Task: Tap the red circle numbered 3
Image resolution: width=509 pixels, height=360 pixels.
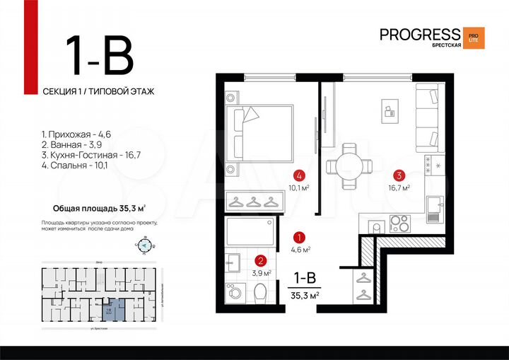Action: [399, 176]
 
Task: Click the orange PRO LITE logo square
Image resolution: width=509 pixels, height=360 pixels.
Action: [474, 37]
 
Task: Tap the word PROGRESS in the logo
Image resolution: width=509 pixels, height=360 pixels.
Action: [419, 34]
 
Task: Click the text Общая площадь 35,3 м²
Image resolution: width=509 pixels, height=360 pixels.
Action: [100, 208]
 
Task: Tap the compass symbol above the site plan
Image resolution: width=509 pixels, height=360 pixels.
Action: [145, 246]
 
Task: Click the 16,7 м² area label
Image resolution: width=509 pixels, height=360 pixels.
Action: [401, 188]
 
